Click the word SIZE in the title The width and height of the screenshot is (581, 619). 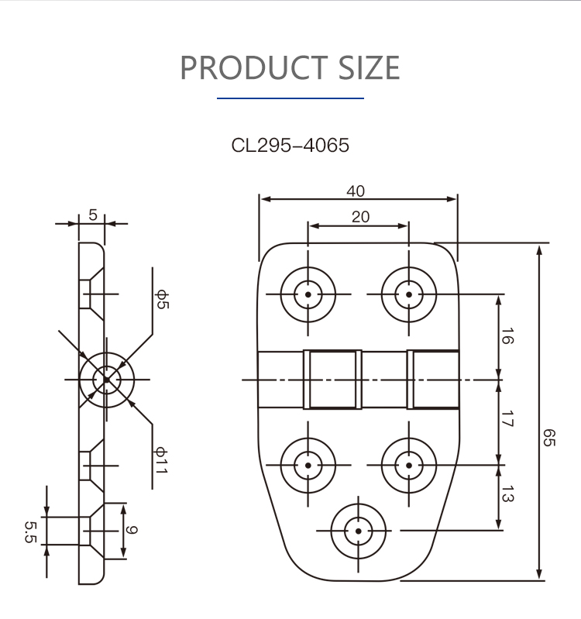pos(369,67)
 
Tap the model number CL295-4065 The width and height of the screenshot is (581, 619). pos(290,146)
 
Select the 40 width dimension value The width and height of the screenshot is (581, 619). pos(356,191)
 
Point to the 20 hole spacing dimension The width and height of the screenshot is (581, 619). pos(361,217)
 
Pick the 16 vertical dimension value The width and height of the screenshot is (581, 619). pos(507,336)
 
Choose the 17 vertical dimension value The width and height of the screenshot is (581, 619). pos(507,419)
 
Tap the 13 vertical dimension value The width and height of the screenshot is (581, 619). pos(507,493)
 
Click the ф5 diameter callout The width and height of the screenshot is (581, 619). pos(162,300)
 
